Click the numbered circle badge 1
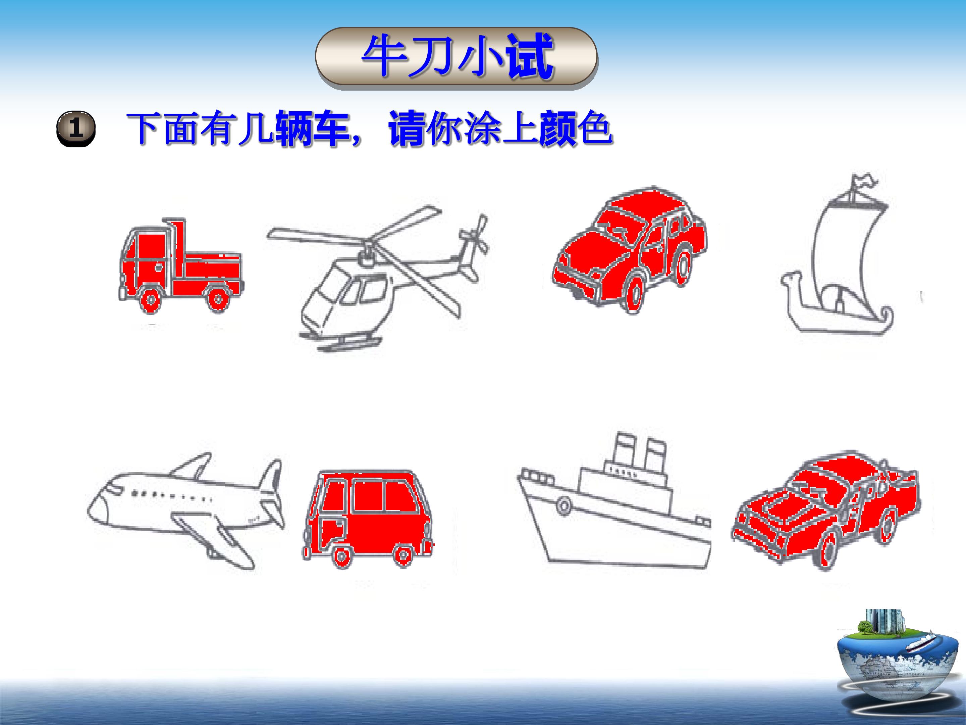(x=75, y=129)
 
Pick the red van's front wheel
(x=341, y=555)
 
